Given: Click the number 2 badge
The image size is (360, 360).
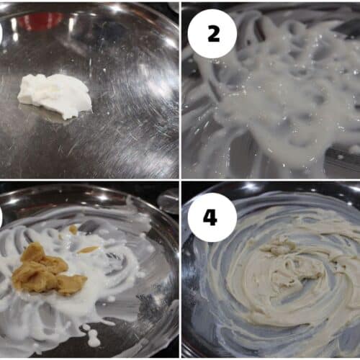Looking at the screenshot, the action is click(x=212, y=34).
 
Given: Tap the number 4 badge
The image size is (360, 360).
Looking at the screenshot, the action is click(x=212, y=217).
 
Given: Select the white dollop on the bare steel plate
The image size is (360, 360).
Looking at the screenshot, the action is click(x=55, y=95).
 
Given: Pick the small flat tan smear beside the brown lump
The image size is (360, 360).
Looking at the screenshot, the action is click(x=88, y=250).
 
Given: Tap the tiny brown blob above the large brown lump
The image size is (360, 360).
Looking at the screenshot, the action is click(x=73, y=230).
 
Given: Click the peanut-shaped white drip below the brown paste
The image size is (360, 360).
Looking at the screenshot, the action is click(x=92, y=338).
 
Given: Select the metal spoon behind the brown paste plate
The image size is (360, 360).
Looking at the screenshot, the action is click(x=168, y=201).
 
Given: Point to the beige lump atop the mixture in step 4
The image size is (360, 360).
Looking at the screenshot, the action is click(x=279, y=245).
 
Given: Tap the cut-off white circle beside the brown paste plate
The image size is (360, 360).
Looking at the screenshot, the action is click(x=1, y=217).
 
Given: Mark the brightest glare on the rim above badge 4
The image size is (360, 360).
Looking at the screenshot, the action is click(x=251, y=186).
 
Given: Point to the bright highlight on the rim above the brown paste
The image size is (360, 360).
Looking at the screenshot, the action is click(x=102, y=197).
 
